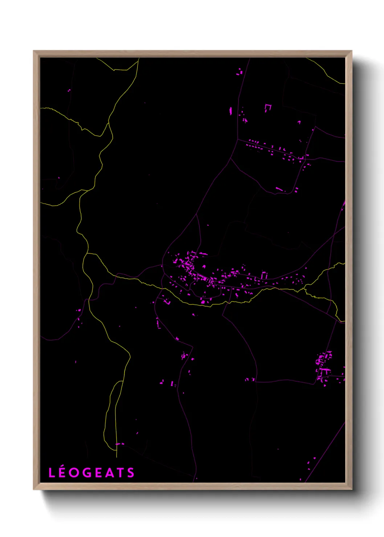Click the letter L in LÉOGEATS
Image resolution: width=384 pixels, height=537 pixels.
(52, 473)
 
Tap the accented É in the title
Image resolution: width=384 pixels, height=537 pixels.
(62, 473)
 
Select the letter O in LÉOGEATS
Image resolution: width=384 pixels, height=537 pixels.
(74, 473)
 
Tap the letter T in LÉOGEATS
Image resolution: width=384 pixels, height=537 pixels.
(120, 473)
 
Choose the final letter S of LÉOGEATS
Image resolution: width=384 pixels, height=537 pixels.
(131, 473)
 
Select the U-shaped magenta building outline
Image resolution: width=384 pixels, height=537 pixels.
(268, 107)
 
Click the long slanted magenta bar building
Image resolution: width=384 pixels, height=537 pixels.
(279, 189)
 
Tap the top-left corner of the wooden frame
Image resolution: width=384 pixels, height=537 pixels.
(34, 51)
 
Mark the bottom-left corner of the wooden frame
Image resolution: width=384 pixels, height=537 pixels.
(34, 489)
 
